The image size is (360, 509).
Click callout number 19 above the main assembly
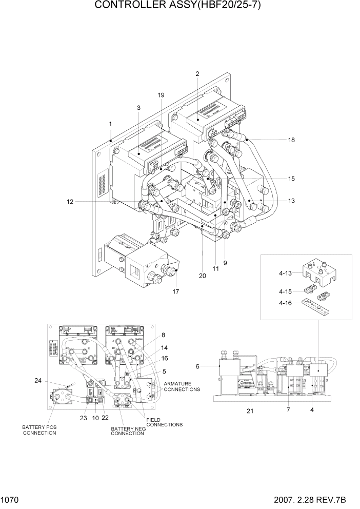click(161, 95)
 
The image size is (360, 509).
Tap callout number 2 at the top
click(197, 73)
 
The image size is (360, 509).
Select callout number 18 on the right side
click(292, 140)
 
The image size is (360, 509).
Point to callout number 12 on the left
click(70, 202)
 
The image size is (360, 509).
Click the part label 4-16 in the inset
click(286, 303)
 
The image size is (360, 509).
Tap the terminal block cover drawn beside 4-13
click(319, 272)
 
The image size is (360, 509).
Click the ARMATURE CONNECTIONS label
click(182, 386)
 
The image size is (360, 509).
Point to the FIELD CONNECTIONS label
click(164, 422)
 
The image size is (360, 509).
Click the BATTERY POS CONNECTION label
click(39, 429)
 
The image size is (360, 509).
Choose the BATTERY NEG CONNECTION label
click(128, 431)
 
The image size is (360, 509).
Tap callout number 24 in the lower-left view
click(38, 381)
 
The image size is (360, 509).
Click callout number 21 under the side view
click(250, 410)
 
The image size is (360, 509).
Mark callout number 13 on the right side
click(291, 201)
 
